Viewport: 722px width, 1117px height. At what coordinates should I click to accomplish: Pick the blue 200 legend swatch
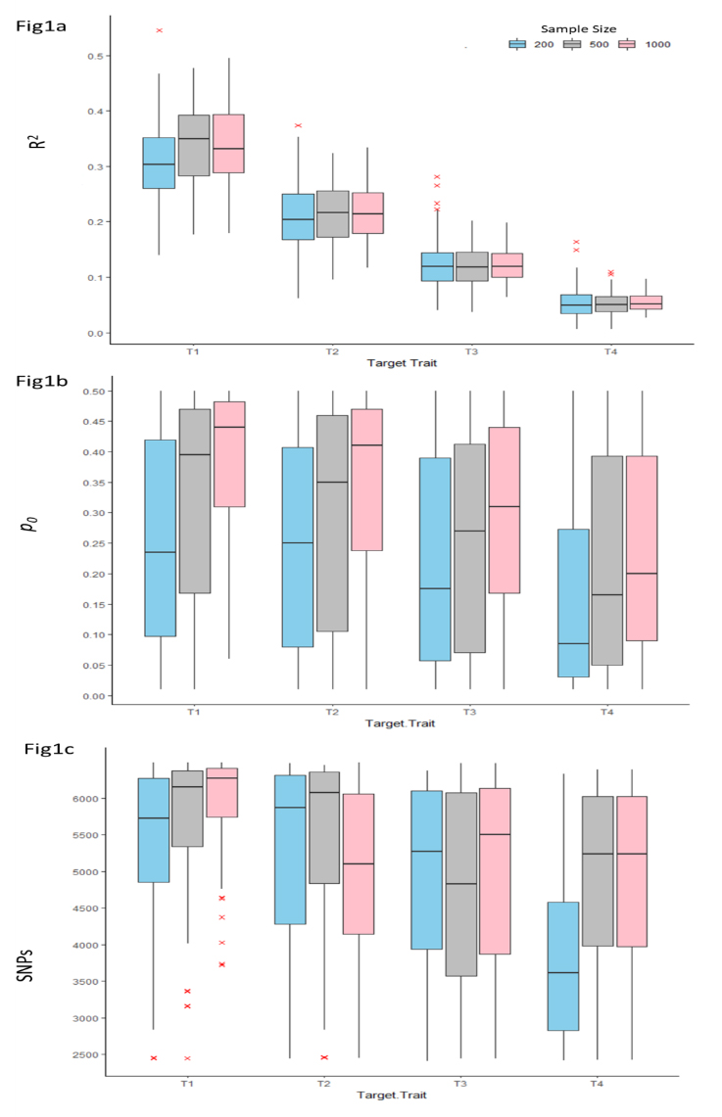[x=517, y=44]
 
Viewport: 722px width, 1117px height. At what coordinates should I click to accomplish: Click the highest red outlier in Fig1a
[x=159, y=30]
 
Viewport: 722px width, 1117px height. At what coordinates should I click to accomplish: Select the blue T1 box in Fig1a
[x=159, y=163]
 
